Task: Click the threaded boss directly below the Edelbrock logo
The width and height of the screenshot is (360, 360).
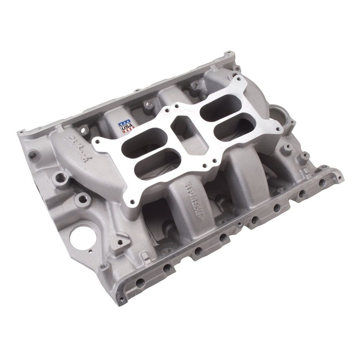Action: click(x=61, y=177)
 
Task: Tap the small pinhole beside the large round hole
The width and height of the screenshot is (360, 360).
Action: click(x=90, y=252)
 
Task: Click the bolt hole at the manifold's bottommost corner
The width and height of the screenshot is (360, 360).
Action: click(x=122, y=299)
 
